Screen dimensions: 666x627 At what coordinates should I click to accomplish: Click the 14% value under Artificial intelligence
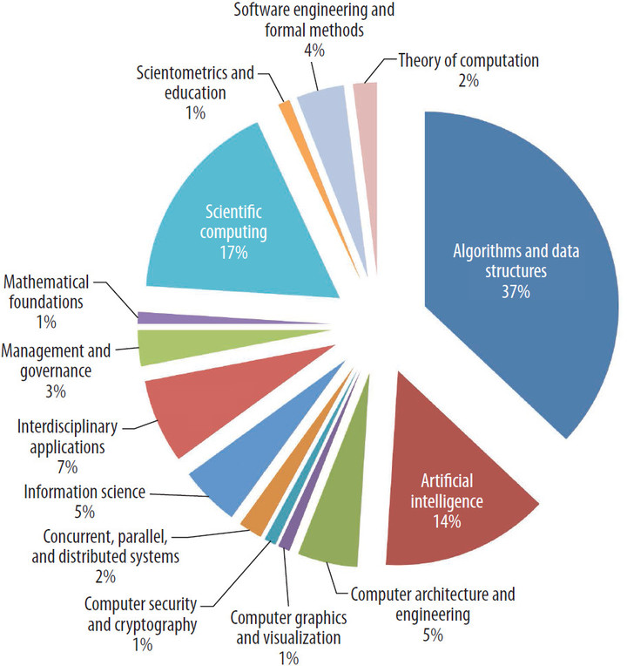coord(445,522)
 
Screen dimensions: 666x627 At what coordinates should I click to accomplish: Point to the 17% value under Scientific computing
coord(235,253)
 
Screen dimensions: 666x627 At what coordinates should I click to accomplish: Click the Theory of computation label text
coord(469,61)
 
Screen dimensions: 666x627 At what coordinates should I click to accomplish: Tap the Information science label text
coord(84,491)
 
